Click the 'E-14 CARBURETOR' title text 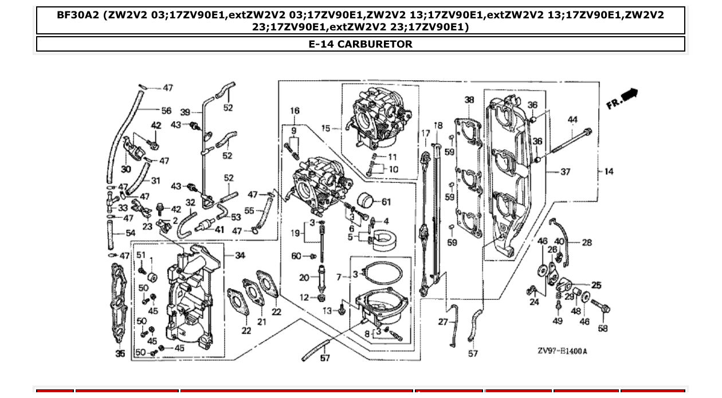coord(360,44)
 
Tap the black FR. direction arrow coord(629,95)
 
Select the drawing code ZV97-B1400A coord(562,351)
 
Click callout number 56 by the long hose coord(166,111)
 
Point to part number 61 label coord(386,202)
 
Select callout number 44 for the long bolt coord(572,120)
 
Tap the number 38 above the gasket coord(469,100)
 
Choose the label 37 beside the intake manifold coord(566,171)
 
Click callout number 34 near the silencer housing coord(240,255)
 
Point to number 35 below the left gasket coord(120,354)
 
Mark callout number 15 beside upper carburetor coord(325,128)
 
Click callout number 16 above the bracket coord(295,111)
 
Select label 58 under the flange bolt coord(603,329)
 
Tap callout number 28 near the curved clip coord(587,243)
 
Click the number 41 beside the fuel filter coord(219,229)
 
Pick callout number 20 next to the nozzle coord(304,278)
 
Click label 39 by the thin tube coord(185,112)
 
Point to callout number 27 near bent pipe coord(443,322)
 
